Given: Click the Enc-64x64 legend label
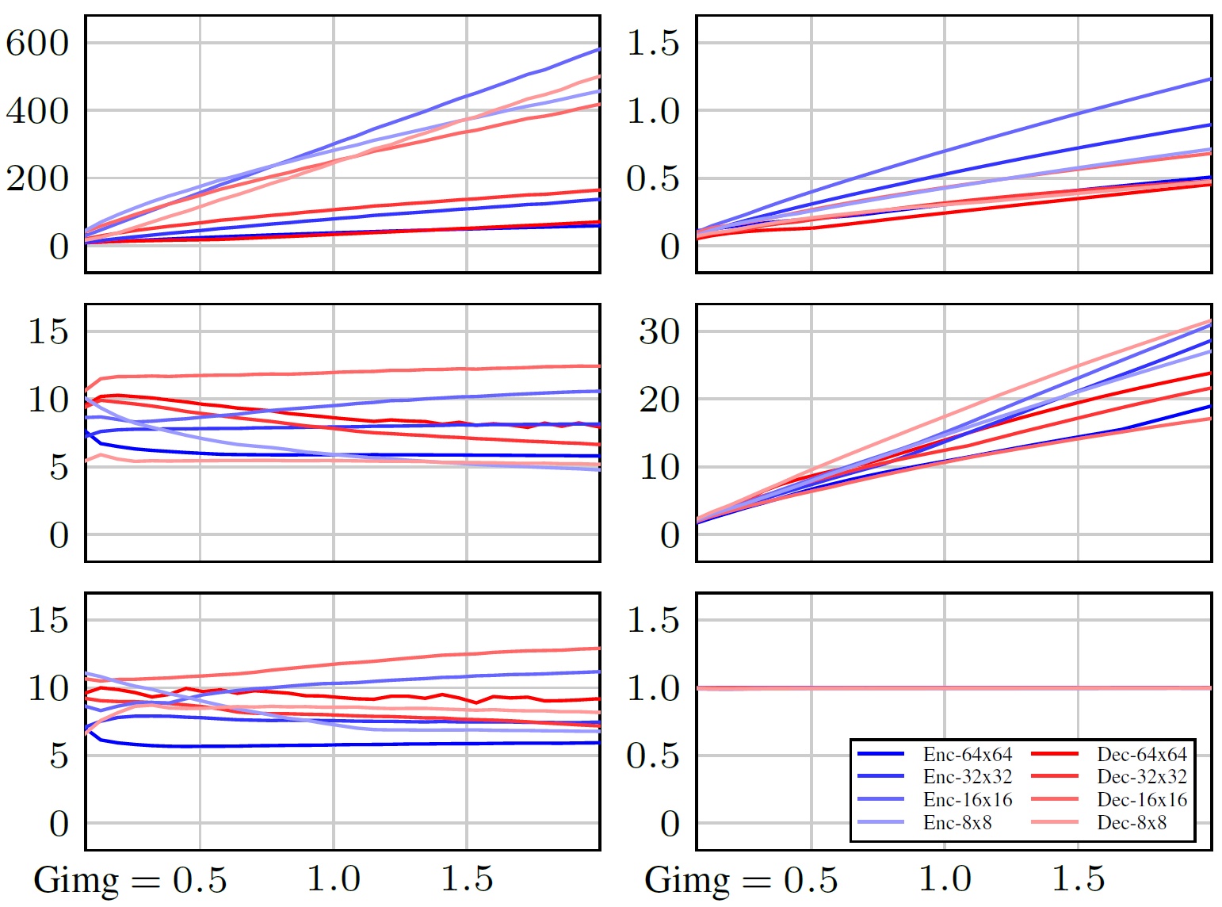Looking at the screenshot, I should tap(967, 754).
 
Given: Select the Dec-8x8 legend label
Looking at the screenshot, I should tap(1132, 822).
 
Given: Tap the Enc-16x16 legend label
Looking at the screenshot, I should tap(967, 799).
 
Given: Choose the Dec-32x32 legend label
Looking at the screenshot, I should tap(1142, 777).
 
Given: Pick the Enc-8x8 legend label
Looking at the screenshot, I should tap(957, 822).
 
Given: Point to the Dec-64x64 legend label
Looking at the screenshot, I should tap(1142, 754).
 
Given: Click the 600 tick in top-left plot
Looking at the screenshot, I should tap(38, 43).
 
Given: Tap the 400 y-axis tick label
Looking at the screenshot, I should tap(38, 111).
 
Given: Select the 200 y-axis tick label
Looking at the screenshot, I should tap(38, 179).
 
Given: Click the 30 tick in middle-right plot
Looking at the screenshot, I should tap(659, 331).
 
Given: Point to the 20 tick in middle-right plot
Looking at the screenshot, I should tap(659, 400).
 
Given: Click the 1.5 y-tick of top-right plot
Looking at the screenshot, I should tap(653, 43).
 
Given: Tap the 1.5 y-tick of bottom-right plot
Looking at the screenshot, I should tap(653, 620).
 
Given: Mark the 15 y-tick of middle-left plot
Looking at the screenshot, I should tap(48, 331).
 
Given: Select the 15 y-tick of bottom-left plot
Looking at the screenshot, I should tap(48, 620).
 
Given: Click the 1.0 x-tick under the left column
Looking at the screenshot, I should tap(334, 878).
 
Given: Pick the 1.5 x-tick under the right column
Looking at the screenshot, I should tap(1079, 878).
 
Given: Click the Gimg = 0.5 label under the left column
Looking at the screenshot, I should tap(131, 880).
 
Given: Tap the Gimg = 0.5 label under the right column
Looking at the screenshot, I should tap(742, 880).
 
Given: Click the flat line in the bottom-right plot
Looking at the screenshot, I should tap(951, 687).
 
